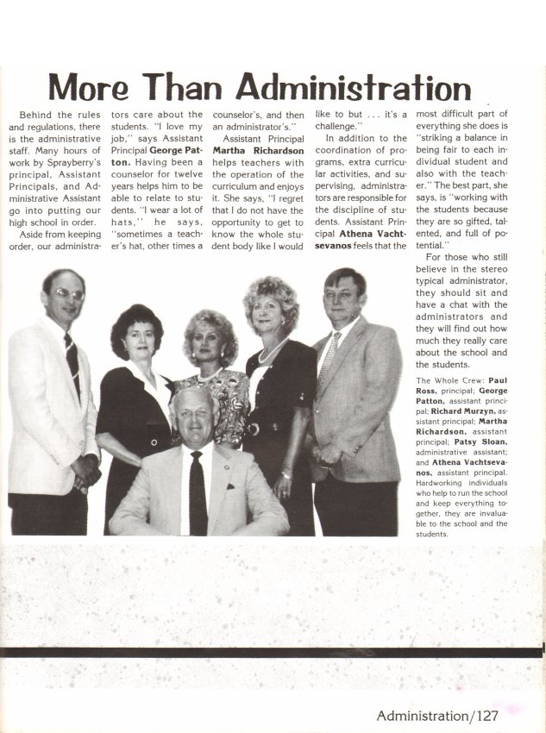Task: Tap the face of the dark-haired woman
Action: [135, 337]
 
